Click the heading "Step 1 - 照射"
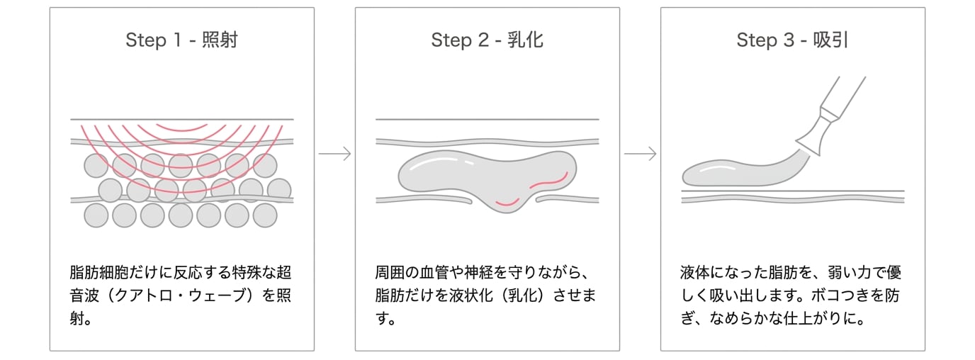coord(181,40)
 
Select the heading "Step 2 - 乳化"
coord(487,40)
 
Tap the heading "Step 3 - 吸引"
coord(792,40)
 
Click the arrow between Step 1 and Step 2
coord(334,154)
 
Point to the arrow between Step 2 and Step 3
coord(641,154)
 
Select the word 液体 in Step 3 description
coord(694,273)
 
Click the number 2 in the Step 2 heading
coord(483,40)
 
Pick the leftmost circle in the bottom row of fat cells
coord(96,215)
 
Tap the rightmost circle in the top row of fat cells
coord(265,165)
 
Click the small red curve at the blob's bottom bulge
coord(507,203)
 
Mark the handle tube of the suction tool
coord(843,96)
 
